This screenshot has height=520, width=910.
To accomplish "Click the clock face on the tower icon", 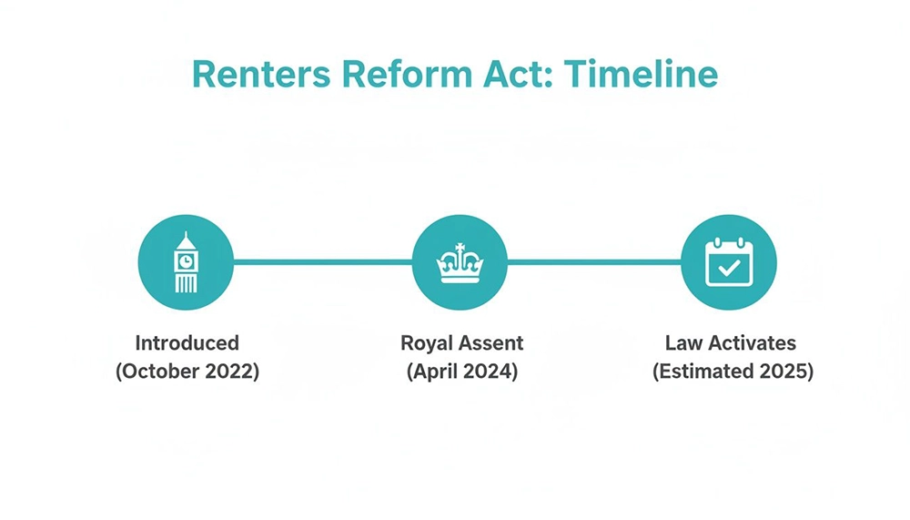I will coord(186,260).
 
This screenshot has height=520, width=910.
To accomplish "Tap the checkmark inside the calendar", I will coord(729,269).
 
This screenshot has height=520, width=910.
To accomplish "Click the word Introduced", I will coord(187,343).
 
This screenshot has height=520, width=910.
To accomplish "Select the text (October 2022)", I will coord(187,372).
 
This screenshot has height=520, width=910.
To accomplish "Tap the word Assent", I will coord(492,343).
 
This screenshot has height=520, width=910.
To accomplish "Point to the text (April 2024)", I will coord(460,372).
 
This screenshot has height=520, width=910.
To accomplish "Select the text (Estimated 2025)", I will coord(733,372).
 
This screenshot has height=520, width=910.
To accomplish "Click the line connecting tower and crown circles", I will coord(323,262).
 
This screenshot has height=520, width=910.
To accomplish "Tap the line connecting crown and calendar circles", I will coord(594,262).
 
